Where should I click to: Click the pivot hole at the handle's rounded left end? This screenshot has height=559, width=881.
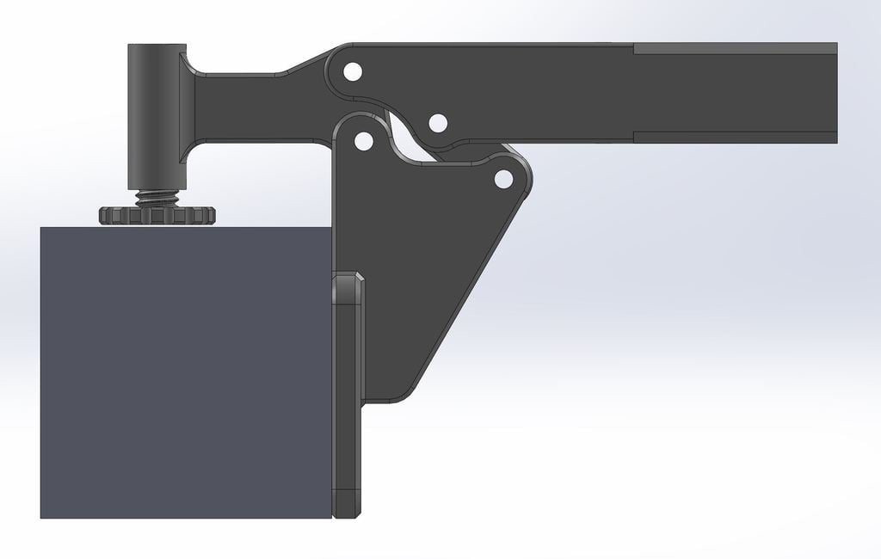(351, 71)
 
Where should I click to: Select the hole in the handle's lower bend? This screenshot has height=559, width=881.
(437, 123)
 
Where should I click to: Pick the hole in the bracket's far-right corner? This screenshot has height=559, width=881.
(503, 179)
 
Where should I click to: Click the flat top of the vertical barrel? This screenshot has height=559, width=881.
(157, 46)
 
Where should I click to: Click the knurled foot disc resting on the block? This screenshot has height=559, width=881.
(157, 215)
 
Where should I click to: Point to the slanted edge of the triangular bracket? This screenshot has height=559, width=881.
(469, 292)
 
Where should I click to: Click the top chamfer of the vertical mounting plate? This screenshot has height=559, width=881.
(348, 278)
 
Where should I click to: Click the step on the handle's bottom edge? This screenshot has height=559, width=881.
(634, 137)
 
